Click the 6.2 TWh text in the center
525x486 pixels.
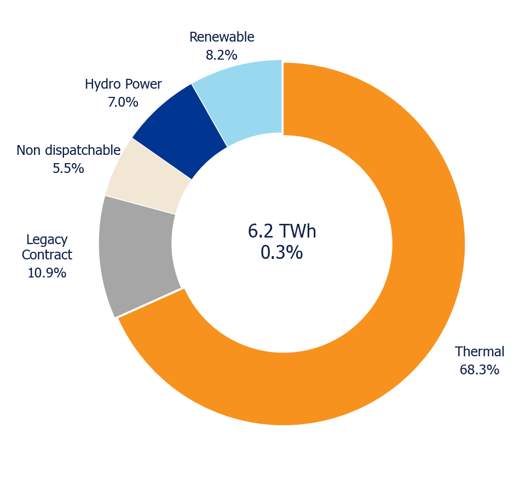click(x=282, y=231)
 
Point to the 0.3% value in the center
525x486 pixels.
click(x=282, y=252)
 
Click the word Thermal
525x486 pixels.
click(x=480, y=352)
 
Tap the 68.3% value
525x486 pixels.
click(x=480, y=370)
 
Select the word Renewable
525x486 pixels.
click(x=222, y=37)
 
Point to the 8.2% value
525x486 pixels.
click(x=222, y=55)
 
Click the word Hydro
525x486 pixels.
click(x=103, y=85)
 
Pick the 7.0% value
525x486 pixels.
click(x=123, y=102)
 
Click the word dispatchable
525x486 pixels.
click(x=83, y=151)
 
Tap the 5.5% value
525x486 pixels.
click(x=68, y=169)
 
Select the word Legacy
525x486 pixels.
click(x=47, y=240)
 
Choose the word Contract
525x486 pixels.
click(x=47, y=255)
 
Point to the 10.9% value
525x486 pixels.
click(x=47, y=273)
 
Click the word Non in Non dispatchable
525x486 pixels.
click(x=29, y=151)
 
